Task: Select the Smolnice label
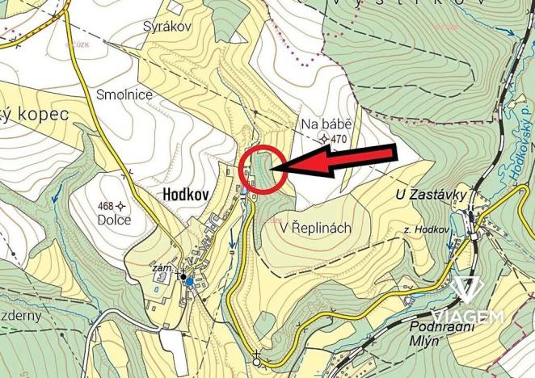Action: click(x=124, y=94)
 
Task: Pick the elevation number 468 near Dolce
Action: click(x=103, y=205)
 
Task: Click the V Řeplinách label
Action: click(x=315, y=229)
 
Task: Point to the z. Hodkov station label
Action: click(x=426, y=230)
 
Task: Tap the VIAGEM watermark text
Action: click(x=467, y=317)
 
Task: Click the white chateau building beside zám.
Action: click(x=162, y=279)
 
